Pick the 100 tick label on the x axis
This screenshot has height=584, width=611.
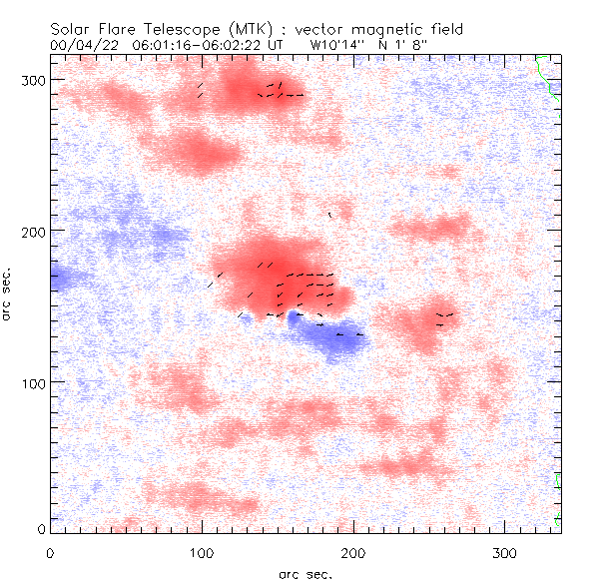202,551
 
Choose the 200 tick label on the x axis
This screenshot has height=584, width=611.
352,551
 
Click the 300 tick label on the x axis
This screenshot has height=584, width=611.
504,551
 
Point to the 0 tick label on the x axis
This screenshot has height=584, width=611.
50,551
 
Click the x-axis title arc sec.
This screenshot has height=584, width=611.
305,574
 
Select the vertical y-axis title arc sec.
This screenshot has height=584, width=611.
8,292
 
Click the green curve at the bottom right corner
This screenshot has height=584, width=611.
557,499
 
